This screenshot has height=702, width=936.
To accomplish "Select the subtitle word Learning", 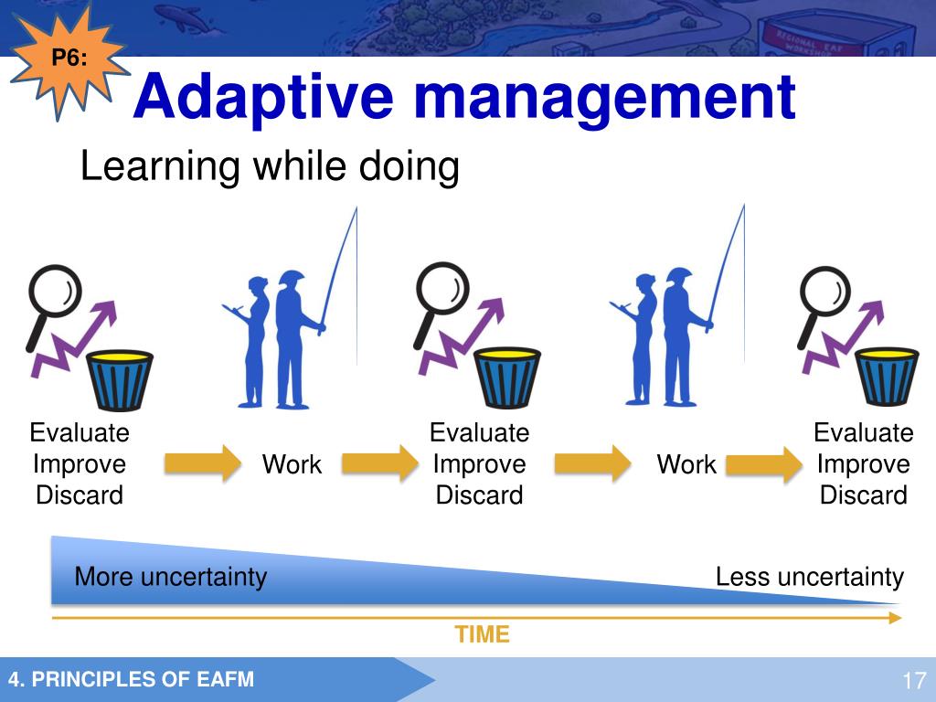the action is (x=160, y=166).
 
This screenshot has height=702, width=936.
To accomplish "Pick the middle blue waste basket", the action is (x=507, y=378).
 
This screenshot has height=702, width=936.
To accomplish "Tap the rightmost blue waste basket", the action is (x=887, y=377).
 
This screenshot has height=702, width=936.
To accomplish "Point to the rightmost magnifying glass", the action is (x=824, y=306).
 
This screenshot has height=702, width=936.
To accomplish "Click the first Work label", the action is (x=292, y=464).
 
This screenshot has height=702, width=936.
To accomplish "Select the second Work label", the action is (x=686, y=464).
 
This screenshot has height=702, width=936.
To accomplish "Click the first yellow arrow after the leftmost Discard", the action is (x=203, y=463).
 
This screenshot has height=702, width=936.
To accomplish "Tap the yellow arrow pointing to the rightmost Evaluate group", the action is (x=764, y=463).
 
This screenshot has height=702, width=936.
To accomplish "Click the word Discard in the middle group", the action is (x=479, y=495).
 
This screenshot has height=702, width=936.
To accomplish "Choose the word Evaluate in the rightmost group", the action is (x=863, y=432).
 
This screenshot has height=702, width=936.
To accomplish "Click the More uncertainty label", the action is (x=171, y=578).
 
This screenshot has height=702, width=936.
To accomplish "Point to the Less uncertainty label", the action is (x=810, y=578).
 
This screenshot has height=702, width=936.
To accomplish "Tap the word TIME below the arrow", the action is (x=482, y=634).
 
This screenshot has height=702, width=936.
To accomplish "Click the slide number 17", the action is (x=914, y=680).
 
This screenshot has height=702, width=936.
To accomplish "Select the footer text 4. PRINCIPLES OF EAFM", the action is (x=132, y=679).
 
